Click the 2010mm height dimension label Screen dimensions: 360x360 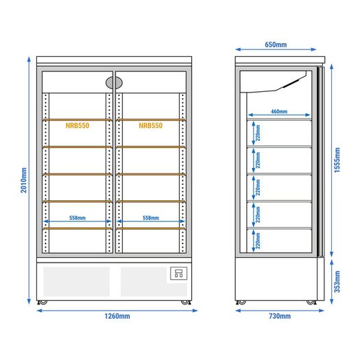24,180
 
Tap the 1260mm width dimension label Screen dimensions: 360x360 117,316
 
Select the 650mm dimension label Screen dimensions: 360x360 276,45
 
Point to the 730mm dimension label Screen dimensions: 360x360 280,316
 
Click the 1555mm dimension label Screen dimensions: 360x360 337,160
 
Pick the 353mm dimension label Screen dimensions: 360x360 337,282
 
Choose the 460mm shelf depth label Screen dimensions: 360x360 279,112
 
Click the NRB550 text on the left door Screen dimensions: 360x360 77,125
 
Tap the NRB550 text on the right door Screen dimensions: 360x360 151,125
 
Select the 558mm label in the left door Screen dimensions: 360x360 77,217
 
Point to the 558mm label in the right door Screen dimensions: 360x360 151,217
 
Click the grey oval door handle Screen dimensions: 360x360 114,83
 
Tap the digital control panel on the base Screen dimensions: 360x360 178,273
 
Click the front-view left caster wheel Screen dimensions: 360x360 43,302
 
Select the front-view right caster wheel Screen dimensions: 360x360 186,302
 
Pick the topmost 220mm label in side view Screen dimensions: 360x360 258,133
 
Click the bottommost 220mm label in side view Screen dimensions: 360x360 258,241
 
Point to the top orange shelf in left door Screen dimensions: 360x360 77,120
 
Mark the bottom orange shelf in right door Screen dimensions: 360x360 151,228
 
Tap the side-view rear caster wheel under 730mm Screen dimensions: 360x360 241,302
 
